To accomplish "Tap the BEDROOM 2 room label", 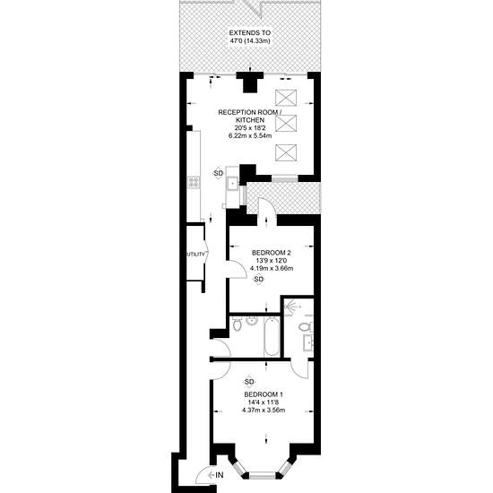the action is [x=271, y=253].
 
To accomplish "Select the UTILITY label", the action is [x=196, y=255].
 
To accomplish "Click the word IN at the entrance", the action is [x=220, y=475].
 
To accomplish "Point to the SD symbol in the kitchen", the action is [x=218, y=173].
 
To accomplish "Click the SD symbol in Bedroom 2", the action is [x=258, y=279].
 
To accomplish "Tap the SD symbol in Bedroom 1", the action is [x=248, y=382].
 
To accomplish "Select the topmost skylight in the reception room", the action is [x=286, y=98].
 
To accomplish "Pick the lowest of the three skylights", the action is [x=286, y=152].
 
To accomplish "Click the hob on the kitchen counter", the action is [x=194, y=183].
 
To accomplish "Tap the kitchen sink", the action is [x=233, y=183].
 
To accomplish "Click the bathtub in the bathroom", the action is [x=272, y=336].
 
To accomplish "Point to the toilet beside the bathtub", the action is [x=237, y=324].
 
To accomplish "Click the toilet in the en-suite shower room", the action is [x=306, y=327].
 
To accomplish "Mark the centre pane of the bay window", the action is [x=263, y=475].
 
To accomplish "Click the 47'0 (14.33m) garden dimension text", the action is [x=250, y=41].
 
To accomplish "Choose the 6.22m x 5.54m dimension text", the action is [x=250, y=136].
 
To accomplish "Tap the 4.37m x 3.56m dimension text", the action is [x=264, y=411].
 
